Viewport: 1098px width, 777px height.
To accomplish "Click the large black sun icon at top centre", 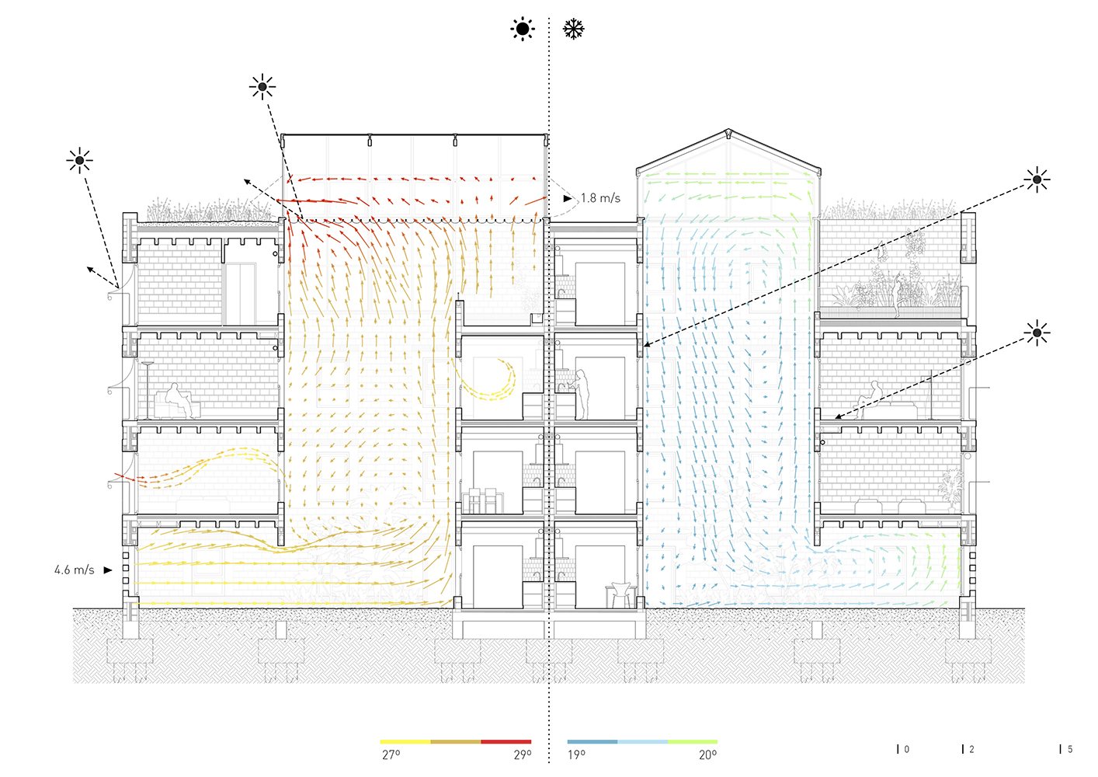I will [x=523, y=30].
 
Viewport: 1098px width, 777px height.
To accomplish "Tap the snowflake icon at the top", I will [x=573, y=30].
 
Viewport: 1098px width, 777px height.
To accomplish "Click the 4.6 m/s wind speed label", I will [x=75, y=570].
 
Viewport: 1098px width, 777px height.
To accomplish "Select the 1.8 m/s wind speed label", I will [x=601, y=199].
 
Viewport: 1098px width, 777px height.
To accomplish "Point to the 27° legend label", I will [x=391, y=754].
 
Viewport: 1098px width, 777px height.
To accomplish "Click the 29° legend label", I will [x=523, y=754].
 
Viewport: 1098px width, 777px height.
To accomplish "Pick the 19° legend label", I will [x=576, y=754].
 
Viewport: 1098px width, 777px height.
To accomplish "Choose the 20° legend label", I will [x=707, y=754].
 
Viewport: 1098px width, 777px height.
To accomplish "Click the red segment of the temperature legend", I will [x=506, y=742].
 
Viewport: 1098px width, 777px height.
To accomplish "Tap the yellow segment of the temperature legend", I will [x=405, y=742].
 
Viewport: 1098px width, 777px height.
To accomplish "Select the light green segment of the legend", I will [x=693, y=742].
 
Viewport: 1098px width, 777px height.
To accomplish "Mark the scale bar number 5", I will [x=1070, y=749].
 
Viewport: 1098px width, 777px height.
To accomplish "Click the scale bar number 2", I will [x=971, y=749].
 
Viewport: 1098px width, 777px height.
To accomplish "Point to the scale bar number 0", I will [x=907, y=749].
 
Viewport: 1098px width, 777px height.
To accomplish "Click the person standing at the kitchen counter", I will [x=581, y=392].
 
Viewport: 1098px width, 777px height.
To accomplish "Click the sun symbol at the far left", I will [x=79, y=162].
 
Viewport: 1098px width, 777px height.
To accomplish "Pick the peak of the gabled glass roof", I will [x=728, y=131].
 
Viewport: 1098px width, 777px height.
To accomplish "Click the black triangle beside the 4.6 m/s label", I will [x=108, y=570].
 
